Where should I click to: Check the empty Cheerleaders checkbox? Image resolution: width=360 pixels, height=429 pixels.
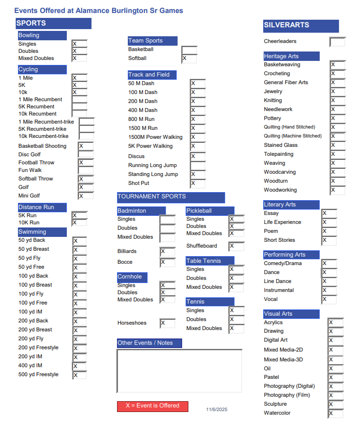click(x=337, y=42)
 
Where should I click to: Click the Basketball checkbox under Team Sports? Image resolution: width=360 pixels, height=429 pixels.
click(x=189, y=50)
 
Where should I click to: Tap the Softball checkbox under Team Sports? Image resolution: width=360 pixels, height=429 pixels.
click(x=189, y=59)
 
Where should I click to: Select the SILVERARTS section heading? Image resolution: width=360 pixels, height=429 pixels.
click(x=301, y=26)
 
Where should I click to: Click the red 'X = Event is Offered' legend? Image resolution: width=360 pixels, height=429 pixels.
click(x=152, y=406)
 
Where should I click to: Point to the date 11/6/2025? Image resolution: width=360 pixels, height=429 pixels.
click(x=217, y=410)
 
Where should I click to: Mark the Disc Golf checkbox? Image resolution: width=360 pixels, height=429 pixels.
click(x=86, y=154)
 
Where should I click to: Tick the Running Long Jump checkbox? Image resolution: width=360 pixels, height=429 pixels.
click(x=198, y=166)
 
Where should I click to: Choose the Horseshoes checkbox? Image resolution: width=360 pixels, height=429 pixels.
click(x=168, y=323)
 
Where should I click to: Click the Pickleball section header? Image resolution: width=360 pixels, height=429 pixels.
click(x=210, y=211)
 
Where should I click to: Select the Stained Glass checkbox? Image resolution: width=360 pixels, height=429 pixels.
click(x=338, y=146)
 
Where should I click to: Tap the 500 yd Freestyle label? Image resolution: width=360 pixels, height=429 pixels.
click(x=38, y=375)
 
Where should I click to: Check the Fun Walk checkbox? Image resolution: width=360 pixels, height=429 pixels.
click(x=86, y=171)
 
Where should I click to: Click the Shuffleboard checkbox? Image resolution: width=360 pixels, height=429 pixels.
click(x=237, y=246)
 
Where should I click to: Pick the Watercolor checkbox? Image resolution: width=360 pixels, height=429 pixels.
click(x=335, y=413)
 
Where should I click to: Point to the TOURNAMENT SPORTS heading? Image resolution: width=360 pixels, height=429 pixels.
click(x=171, y=197)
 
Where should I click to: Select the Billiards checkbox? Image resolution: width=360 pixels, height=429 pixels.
click(x=168, y=252)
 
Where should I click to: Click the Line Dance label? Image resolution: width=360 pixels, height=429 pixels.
click(x=278, y=282)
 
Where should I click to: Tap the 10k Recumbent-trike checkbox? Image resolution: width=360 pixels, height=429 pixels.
click(x=87, y=136)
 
